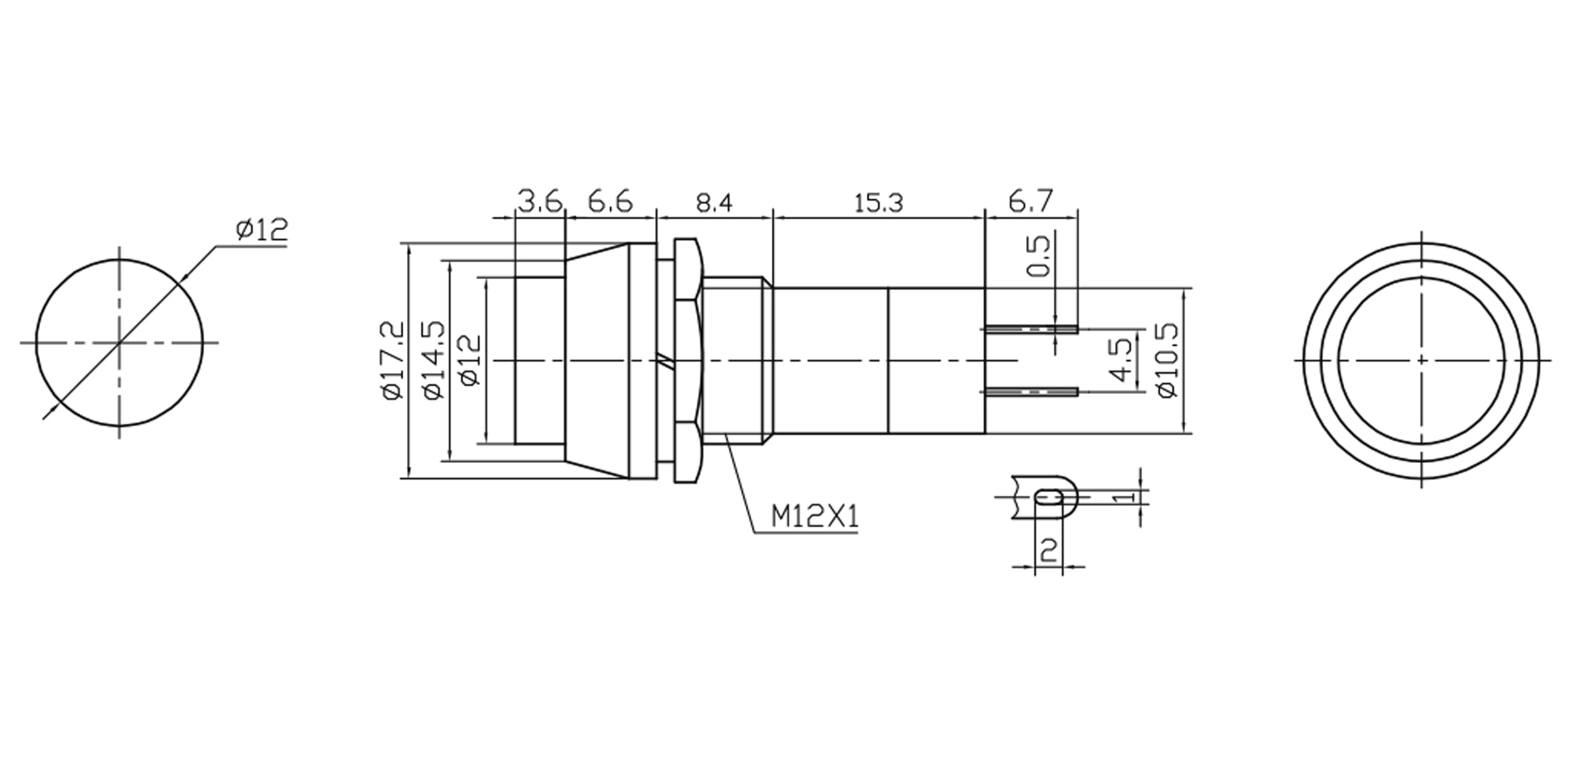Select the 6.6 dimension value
click(610, 201)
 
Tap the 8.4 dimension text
click(714, 203)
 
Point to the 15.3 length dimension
click(878, 203)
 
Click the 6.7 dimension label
click(1030, 201)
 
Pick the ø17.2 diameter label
click(393, 360)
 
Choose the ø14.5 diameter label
click(433, 360)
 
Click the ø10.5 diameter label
click(1167, 360)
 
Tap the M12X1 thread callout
click(814, 516)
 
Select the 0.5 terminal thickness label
click(1039, 256)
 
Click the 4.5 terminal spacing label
click(1121, 360)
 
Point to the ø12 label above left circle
click(262, 229)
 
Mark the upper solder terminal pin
click(1031, 330)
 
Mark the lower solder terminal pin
click(1031, 392)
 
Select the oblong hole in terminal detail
click(1049, 496)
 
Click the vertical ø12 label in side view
click(471, 360)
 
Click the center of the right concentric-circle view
click(1421, 361)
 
